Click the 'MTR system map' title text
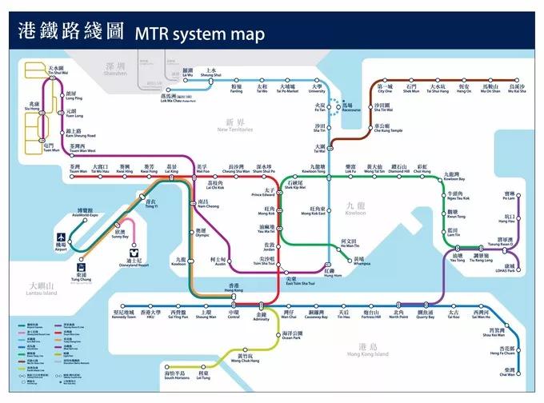(199, 34)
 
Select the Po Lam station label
(510, 198)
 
